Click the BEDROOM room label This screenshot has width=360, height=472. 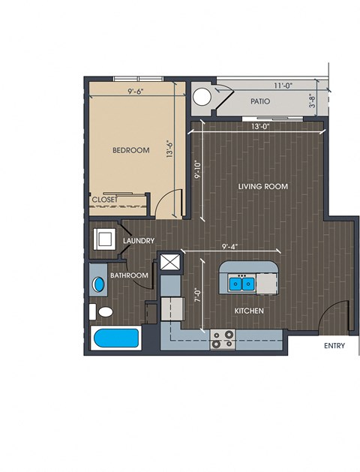[x=130, y=150]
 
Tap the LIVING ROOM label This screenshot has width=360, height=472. [x=263, y=186]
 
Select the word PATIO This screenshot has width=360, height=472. [x=260, y=101]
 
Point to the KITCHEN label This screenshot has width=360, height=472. [x=249, y=311]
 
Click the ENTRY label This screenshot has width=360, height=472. [x=334, y=346]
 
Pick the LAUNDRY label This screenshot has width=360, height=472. [x=139, y=241]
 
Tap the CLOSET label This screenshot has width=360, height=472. [x=105, y=200]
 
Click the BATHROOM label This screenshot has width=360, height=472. [x=129, y=275]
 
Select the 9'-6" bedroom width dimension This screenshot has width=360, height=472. [x=135, y=92]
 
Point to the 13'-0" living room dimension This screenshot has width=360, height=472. [x=260, y=126]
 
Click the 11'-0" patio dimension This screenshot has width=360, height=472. [x=283, y=86]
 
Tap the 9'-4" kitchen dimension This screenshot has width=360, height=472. [x=229, y=247]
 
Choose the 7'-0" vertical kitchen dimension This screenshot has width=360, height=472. [x=197, y=296]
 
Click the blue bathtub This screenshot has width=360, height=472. [x=116, y=338]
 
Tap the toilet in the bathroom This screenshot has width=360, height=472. [x=101, y=312]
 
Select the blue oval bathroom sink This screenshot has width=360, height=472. [x=99, y=284]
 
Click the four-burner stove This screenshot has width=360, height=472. [x=223, y=339]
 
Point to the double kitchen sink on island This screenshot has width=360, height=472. [x=241, y=284]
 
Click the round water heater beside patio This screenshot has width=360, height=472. [x=202, y=97]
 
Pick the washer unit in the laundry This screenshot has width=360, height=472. [x=104, y=239]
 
